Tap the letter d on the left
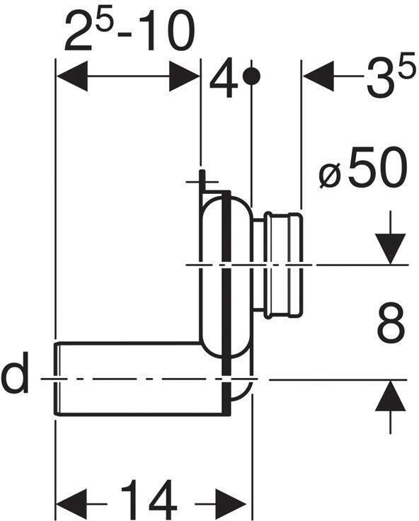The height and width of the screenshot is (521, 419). [15, 377]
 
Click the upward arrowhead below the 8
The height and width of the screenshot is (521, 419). [390, 396]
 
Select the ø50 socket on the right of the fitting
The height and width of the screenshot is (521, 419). [285, 265]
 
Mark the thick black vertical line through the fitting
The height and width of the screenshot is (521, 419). [226, 297]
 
